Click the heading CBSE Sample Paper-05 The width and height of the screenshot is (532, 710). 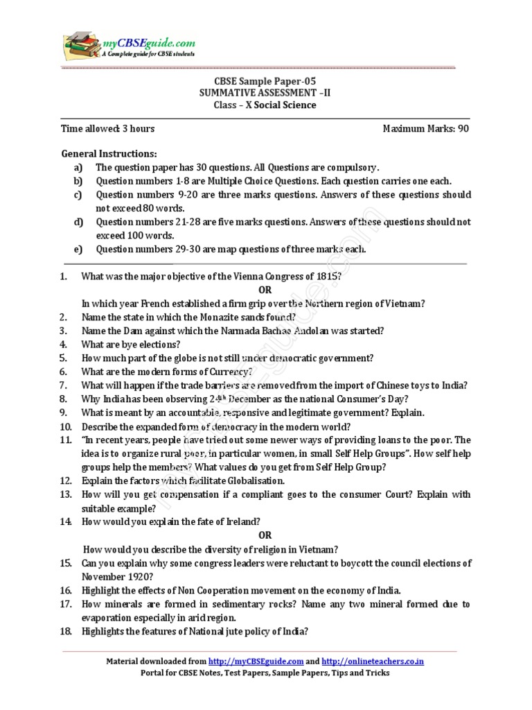pos(265,80)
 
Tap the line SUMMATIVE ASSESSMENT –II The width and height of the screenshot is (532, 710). pos(265,93)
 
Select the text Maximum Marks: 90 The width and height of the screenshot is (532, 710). pos(426,129)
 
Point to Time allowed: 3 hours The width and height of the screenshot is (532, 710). pos(107,129)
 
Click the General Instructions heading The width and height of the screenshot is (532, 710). pos(109,153)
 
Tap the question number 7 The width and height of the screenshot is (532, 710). pos(63,385)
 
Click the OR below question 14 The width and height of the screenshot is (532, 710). pos(265,535)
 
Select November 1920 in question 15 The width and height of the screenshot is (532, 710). pos(114,576)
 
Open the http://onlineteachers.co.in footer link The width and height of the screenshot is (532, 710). pos(373,661)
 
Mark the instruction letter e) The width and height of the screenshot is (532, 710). pos(78,250)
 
